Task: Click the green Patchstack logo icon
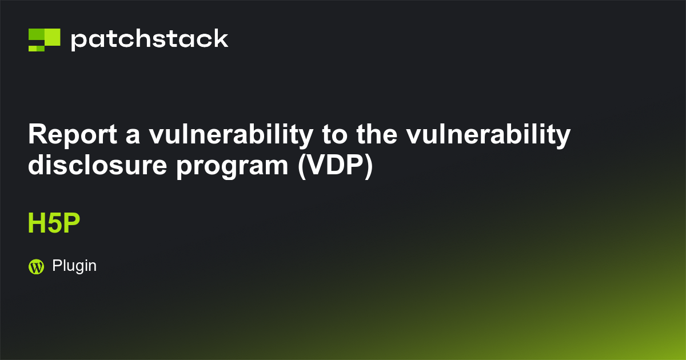(44, 39)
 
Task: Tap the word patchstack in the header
(150, 39)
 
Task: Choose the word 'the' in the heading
(378, 135)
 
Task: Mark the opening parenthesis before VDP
(302, 166)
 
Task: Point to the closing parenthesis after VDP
(368, 166)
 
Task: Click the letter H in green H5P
(36, 224)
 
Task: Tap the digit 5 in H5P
(53, 224)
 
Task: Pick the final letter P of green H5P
(70, 224)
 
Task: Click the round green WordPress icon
(36, 266)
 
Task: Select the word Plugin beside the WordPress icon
(74, 266)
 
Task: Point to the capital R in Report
(38, 135)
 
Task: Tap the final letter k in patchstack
(221, 38)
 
